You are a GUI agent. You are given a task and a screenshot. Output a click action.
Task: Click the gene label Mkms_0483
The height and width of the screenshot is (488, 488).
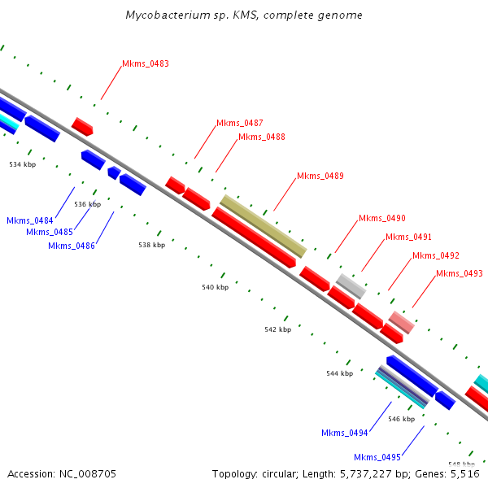pyautogui.click(x=146, y=63)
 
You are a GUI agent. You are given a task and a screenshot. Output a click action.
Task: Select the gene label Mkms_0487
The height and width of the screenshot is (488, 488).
pyautogui.click(x=239, y=123)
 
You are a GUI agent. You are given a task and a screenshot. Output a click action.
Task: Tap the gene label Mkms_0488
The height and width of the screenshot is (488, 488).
pyautogui.click(x=262, y=137)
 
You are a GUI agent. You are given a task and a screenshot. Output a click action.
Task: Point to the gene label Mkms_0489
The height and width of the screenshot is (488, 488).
pyautogui.click(x=320, y=176)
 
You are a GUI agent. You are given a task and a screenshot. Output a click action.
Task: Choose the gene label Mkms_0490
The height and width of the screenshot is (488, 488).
pyautogui.click(x=382, y=218)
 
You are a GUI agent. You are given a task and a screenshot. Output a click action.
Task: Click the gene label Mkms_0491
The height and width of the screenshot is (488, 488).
pyautogui.click(x=408, y=237)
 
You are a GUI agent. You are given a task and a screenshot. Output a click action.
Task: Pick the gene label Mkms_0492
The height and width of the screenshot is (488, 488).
pyautogui.click(x=435, y=255)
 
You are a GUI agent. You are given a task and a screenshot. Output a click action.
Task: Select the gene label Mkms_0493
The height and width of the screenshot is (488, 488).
pyautogui.click(x=460, y=273)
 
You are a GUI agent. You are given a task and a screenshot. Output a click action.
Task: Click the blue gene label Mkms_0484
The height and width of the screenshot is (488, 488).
pyautogui.click(x=30, y=220)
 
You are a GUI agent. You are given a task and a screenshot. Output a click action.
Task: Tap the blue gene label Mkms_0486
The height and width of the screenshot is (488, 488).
pyautogui.click(x=72, y=246)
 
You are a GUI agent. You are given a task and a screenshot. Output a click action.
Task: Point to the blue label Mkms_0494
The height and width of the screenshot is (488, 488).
pyautogui.click(x=345, y=433)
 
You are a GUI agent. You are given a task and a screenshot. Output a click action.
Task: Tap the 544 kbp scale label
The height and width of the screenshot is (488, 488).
pyautogui.click(x=339, y=373)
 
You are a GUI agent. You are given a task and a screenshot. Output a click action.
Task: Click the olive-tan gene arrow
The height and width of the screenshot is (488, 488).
pyautogui.click(x=264, y=226)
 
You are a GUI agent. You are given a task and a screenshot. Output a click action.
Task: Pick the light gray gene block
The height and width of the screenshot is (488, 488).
pyautogui.click(x=351, y=285)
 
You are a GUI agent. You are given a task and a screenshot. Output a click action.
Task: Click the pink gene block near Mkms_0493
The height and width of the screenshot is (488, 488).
pyautogui.click(x=401, y=322)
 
